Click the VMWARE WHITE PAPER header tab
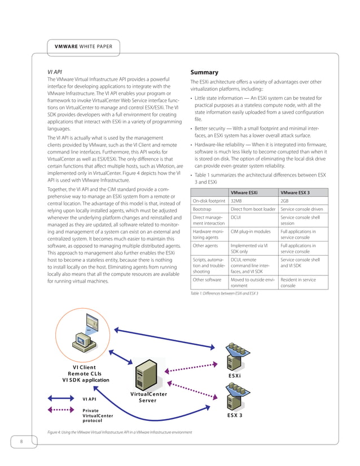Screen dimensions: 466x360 pos(83,46)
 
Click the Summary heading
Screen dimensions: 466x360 pos(204,73)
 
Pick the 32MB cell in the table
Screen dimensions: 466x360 pos(236,201)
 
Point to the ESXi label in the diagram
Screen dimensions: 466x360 pos(235,376)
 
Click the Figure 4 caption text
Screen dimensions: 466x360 pos(120,432)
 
